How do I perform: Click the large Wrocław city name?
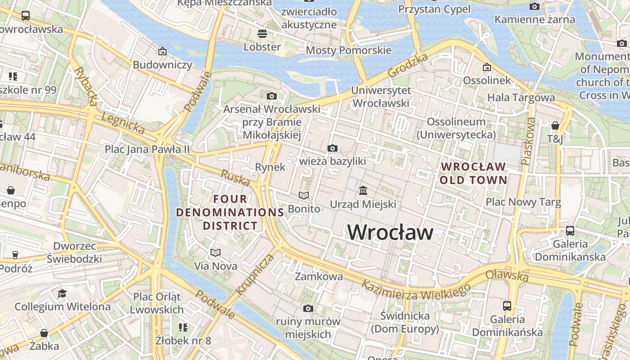(390, 232)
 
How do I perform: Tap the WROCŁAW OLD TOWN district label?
(473, 173)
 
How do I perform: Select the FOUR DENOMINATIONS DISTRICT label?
(230, 212)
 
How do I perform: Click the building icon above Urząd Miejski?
(363, 191)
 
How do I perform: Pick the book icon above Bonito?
(304, 195)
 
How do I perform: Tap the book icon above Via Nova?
(216, 252)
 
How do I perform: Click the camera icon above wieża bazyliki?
(333, 148)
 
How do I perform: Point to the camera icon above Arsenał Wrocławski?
(272, 96)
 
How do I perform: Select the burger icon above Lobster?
(262, 34)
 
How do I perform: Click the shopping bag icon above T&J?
(555, 126)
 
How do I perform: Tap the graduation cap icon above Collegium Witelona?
(62, 293)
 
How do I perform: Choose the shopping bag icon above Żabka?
(44, 333)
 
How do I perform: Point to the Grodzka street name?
(408, 65)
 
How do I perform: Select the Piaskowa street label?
(528, 141)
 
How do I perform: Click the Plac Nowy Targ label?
(523, 202)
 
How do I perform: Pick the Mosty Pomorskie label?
(348, 50)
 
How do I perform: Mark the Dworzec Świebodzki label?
(75, 252)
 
